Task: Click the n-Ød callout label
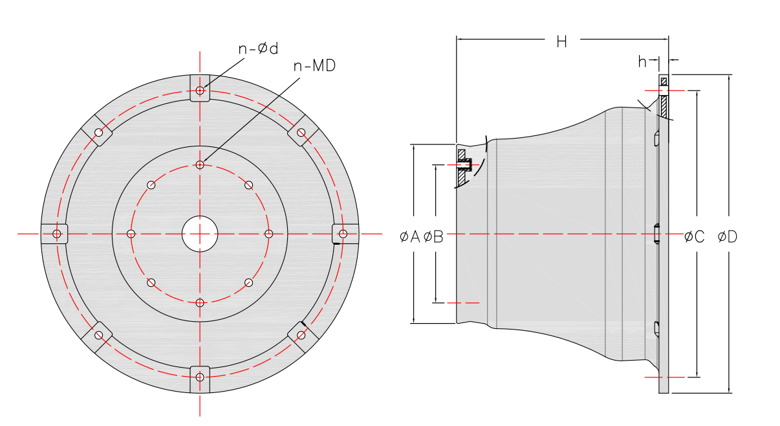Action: [258, 49]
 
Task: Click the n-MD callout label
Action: [314, 66]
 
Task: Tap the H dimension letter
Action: [561, 41]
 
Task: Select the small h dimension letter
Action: [642, 62]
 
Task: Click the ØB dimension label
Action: [433, 237]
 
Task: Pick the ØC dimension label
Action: [694, 237]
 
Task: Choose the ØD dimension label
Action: [727, 237]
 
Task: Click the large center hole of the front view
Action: [200, 233]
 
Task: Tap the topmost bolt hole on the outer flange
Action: [200, 90]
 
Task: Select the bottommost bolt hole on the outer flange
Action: [200, 377]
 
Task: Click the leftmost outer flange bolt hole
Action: [57, 233]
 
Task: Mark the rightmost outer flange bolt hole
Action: [343, 233]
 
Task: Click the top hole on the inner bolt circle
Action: [200, 165]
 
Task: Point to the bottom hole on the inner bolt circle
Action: [200, 302]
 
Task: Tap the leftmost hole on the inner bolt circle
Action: [131, 233]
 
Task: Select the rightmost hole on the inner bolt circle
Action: [269, 233]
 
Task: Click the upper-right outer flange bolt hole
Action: [301, 132]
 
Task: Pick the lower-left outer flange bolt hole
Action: [99, 335]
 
